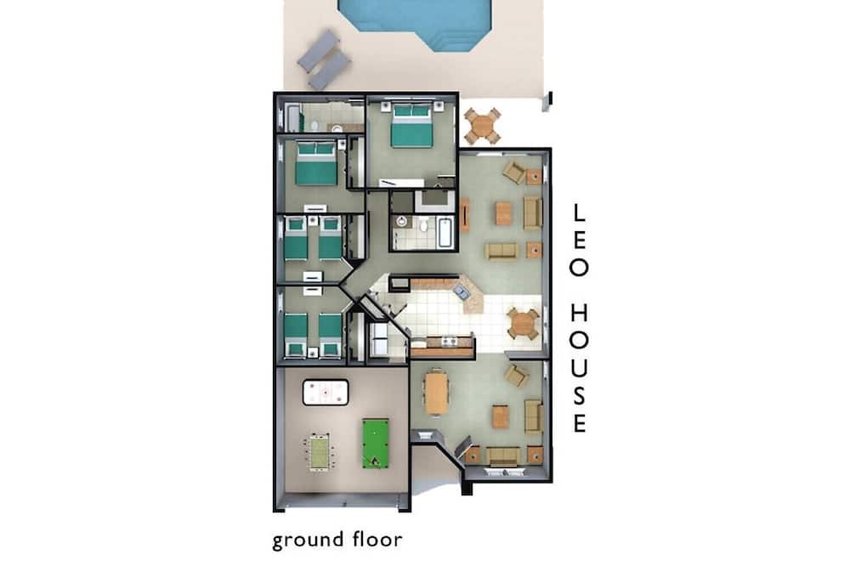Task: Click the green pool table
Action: pyautogui.click(x=376, y=443)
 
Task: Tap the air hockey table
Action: pyautogui.click(x=326, y=393)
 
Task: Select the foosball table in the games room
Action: pyautogui.click(x=320, y=451)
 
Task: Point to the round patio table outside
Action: pyautogui.click(x=482, y=127)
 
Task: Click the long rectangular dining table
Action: pyautogui.click(x=436, y=392)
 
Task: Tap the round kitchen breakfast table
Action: pyautogui.click(x=523, y=324)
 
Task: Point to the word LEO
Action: pyautogui.click(x=578, y=241)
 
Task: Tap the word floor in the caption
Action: pyautogui.click(x=377, y=539)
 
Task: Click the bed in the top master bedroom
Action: pyautogui.click(x=411, y=127)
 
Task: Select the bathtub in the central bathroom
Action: pyautogui.click(x=445, y=233)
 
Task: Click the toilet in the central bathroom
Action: pyautogui.click(x=423, y=223)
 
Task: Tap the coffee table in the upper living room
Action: pyautogui.click(x=503, y=213)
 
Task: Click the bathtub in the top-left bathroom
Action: pyautogui.click(x=292, y=117)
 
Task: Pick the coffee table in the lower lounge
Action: pyautogui.click(x=500, y=416)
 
